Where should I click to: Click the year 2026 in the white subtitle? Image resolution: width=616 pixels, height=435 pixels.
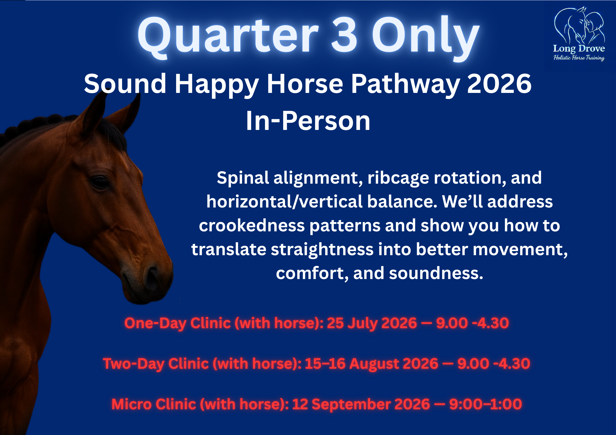pyautogui.click(x=499, y=84)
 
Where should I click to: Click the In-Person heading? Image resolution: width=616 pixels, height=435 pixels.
pyautogui.click(x=308, y=121)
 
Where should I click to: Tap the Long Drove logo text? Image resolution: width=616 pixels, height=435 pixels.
pyautogui.click(x=579, y=49)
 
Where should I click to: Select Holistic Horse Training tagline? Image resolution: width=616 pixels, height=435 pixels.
pyautogui.click(x=579, y=58)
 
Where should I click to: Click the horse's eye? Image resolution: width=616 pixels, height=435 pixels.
pyautogui.click(x=99, y=181)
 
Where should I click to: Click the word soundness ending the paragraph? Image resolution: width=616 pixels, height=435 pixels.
pyautogui.click(x=436, y=274)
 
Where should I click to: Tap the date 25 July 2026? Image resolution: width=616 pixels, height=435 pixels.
pyautogui.click(x=372, y=323)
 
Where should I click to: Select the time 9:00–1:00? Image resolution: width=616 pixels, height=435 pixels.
pyautogui.click(x=485, y=404)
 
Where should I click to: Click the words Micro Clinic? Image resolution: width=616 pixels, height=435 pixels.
pyautogui.click(x=154, y=404)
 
